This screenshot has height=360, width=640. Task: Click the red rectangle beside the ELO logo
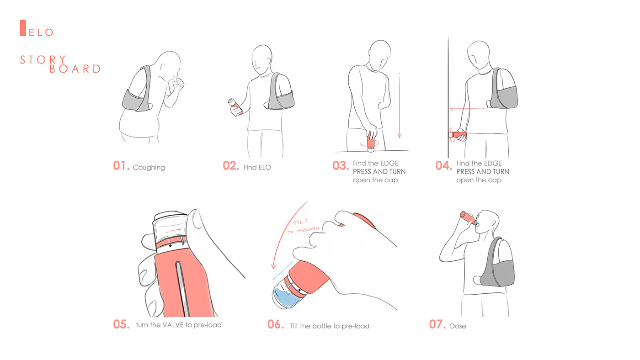click(23, 28)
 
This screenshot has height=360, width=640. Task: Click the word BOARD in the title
click(75, 69)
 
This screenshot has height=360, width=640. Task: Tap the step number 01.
click(121, 166)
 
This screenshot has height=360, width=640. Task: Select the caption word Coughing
click(149, 168)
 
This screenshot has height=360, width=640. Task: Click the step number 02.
click(231, 166)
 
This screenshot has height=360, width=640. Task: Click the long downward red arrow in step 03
click(400, 106)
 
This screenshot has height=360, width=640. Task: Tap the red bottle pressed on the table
click(371, 141)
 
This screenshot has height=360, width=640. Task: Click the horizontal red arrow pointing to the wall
click(467, 109)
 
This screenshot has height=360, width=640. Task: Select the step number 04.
click(443, 165)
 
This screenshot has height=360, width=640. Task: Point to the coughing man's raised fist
click(179, 83)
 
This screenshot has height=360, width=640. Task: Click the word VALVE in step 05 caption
click(173, 325)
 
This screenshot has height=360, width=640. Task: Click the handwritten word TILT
click(300, 222)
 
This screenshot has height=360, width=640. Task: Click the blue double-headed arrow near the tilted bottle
click(283, 270)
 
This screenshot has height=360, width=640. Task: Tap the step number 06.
click(275, 324)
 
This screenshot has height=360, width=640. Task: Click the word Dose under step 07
click(458, 326)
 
